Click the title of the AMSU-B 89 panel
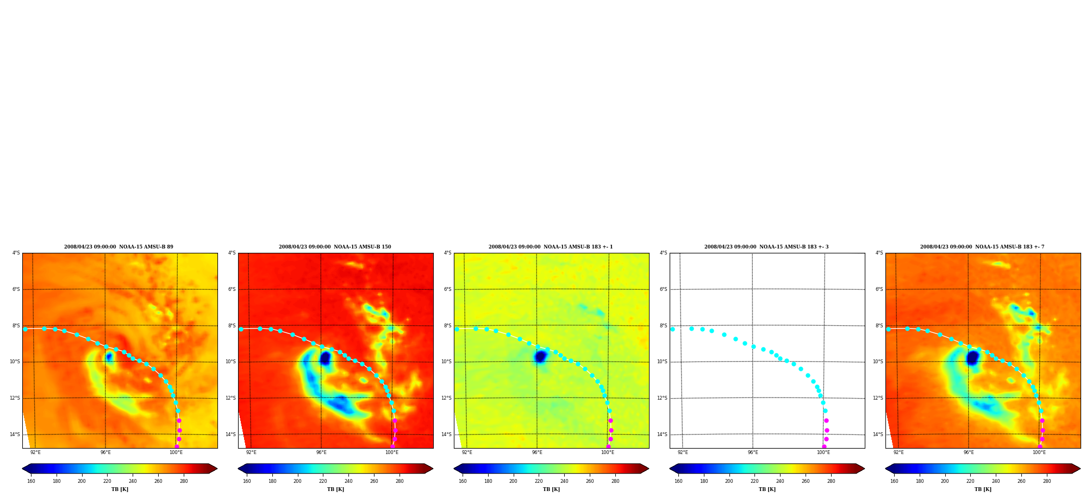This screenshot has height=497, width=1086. [118, 247]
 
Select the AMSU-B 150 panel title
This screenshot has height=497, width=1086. [335, 247]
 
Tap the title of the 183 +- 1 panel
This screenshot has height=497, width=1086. [551, 247]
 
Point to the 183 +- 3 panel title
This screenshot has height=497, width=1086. [766, 247]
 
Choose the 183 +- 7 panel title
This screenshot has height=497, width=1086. [982, 247]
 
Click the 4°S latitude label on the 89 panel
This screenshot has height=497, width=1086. [16, 253]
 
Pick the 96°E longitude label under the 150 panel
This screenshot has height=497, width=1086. [321, 452]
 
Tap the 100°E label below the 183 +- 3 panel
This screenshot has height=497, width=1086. [823, 452]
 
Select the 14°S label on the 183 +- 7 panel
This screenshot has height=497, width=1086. [878, 434]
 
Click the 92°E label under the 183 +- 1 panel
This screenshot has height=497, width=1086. [467, 452]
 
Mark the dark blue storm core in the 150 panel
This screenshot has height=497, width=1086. [325, 358]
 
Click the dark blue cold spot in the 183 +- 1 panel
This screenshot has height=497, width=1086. [540, 357]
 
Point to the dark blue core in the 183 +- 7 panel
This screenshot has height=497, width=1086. [972, 358]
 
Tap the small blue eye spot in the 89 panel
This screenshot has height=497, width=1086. [109, 357]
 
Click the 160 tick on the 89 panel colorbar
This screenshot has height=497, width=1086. [31, 481]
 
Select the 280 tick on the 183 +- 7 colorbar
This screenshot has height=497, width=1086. [1047, 481]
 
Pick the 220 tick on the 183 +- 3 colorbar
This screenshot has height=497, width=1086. [754, 481]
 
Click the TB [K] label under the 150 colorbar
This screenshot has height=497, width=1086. [335, 489]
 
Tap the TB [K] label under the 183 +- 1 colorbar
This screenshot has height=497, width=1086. [551, 489]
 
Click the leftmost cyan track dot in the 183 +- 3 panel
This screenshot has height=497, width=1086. [672, 329]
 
